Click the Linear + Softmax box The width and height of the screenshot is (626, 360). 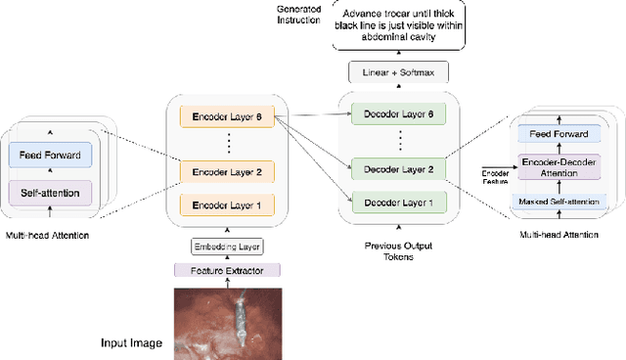click(x=397, y=71)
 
